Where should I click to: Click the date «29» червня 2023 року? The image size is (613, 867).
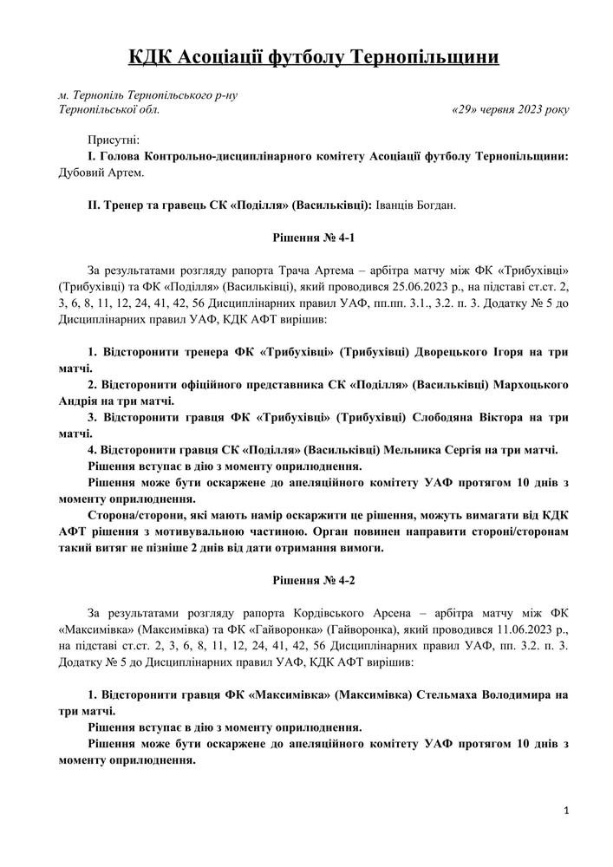(511, 110)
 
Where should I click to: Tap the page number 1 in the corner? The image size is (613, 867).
(565, 810)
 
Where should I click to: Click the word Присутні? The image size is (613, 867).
(113, 140)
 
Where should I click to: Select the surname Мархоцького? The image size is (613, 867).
(530, 384)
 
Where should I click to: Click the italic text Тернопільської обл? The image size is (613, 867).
(108, 110)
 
